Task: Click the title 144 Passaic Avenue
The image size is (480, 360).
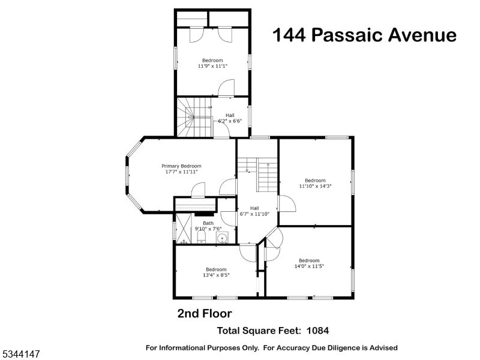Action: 364,35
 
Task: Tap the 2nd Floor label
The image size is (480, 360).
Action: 204,313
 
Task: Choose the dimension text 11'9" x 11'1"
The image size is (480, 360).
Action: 212,67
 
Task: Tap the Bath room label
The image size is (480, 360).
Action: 208,223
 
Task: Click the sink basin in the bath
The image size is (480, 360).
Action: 223,239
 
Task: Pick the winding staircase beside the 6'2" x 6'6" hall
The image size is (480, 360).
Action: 194,118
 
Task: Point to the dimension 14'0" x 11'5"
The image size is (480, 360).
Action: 309,266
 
